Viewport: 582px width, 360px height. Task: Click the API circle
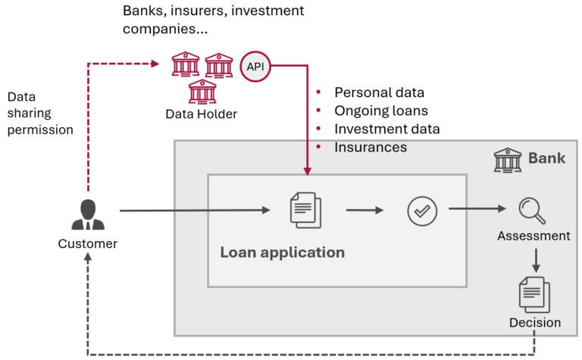(255, 66)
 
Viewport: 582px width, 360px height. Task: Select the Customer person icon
(88, 215)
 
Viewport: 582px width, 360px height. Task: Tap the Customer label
(88, 243)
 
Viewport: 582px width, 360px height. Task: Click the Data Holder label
(201, 114)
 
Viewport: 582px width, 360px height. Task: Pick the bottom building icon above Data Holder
(201, 92)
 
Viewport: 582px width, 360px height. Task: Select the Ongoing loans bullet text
(381, 111)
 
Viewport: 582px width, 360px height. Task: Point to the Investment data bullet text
(386, 129)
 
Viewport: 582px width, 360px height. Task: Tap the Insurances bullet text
(371, 147)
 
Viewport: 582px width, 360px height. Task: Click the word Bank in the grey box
(546, 158)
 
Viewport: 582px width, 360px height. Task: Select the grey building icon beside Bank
(507, 159)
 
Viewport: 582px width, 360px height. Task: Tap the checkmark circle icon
(421, 210)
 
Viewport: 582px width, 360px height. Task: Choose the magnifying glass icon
(532, 210)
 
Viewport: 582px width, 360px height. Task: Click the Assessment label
(533, 236)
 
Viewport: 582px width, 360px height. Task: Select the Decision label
(535, 323)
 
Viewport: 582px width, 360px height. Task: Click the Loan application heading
(282, 252)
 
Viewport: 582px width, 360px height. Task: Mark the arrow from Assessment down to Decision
(535, 260)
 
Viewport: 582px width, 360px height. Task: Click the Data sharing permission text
(40, 114)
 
